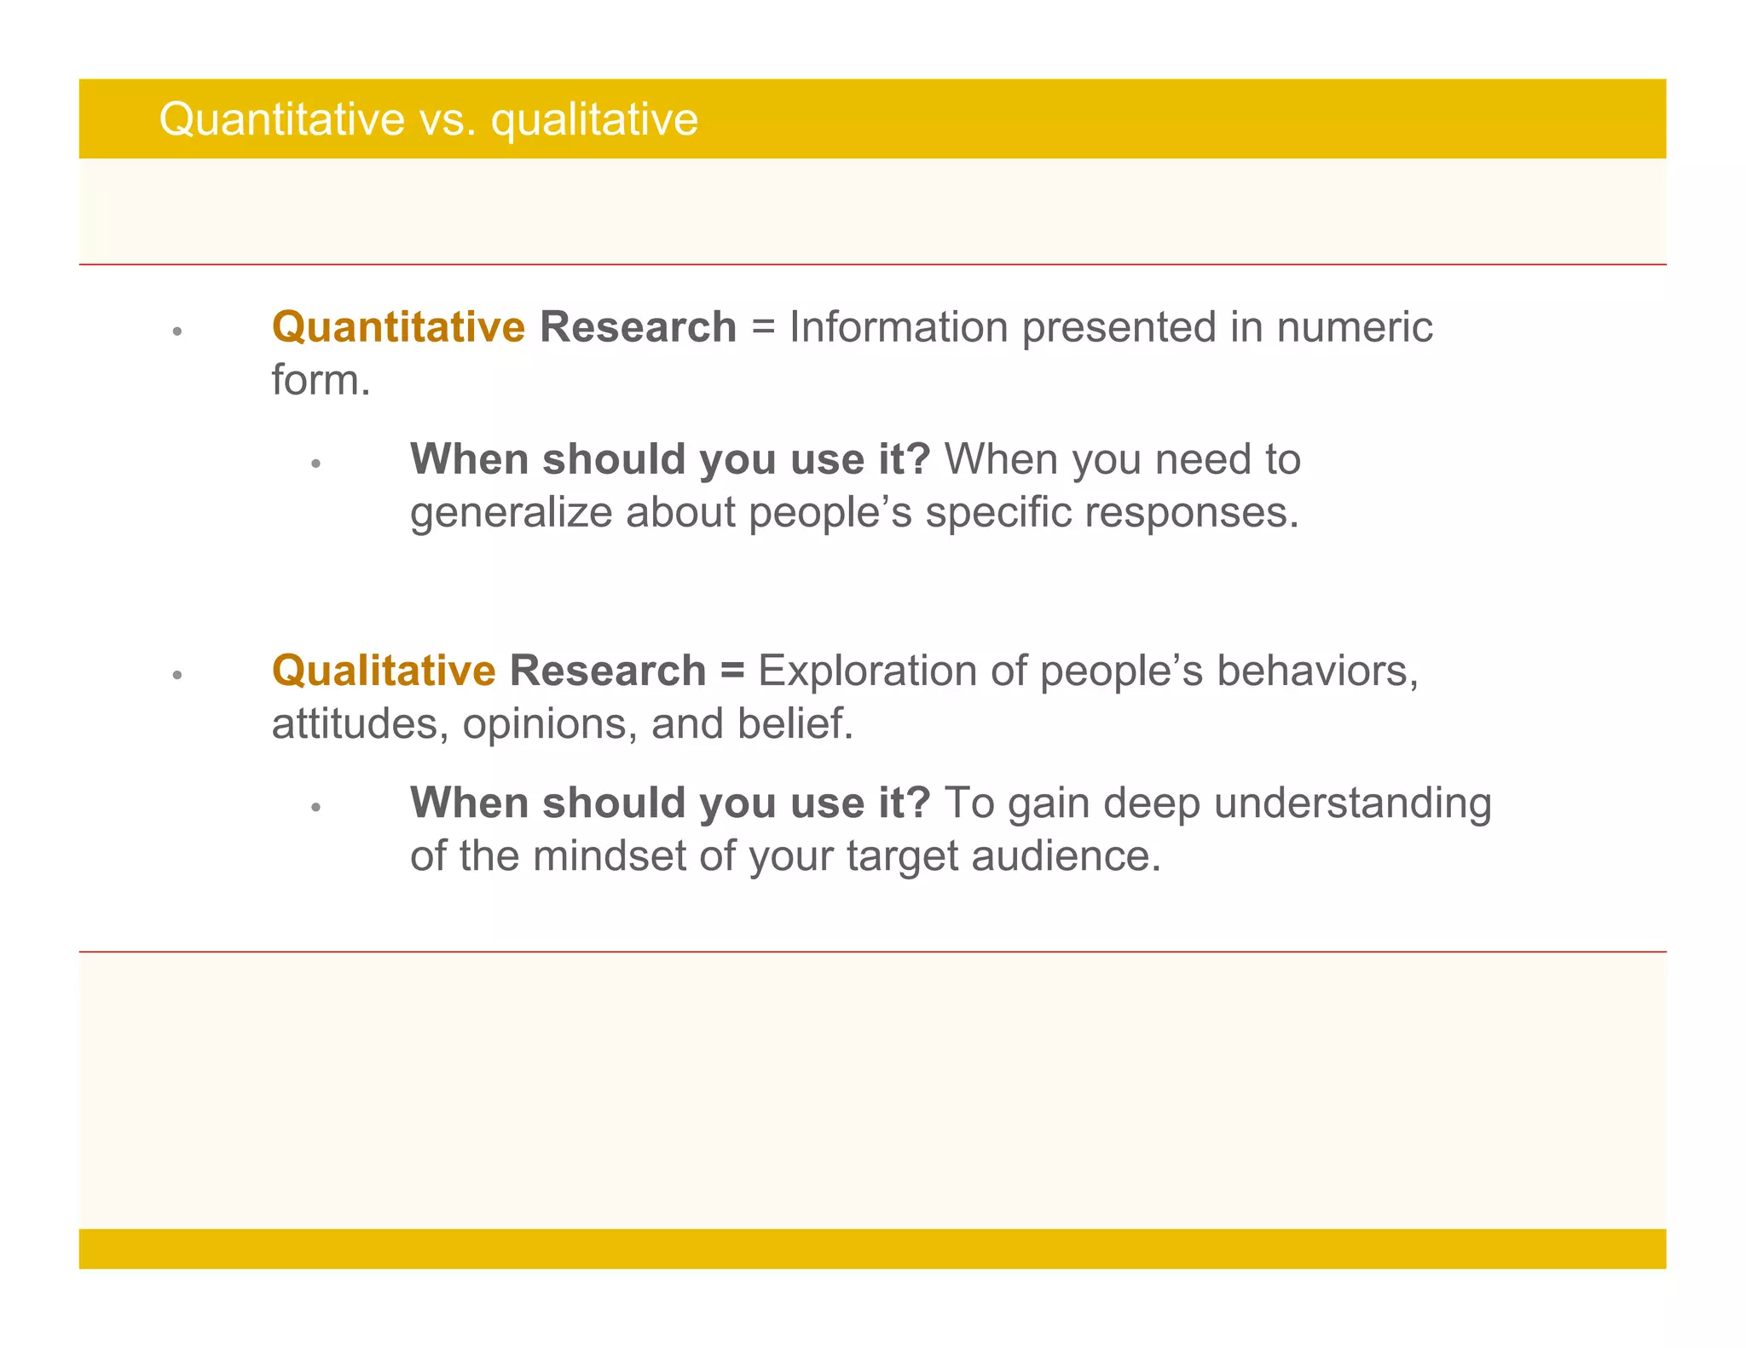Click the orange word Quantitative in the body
398,327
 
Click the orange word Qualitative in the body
384,671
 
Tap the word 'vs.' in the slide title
447,119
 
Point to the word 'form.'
321,380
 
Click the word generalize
511,513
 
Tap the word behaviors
1316,671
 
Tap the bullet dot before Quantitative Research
177,331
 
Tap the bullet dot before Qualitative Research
177,675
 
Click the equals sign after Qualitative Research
731,671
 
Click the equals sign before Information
763,328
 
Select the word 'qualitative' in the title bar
594,119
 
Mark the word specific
998,513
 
